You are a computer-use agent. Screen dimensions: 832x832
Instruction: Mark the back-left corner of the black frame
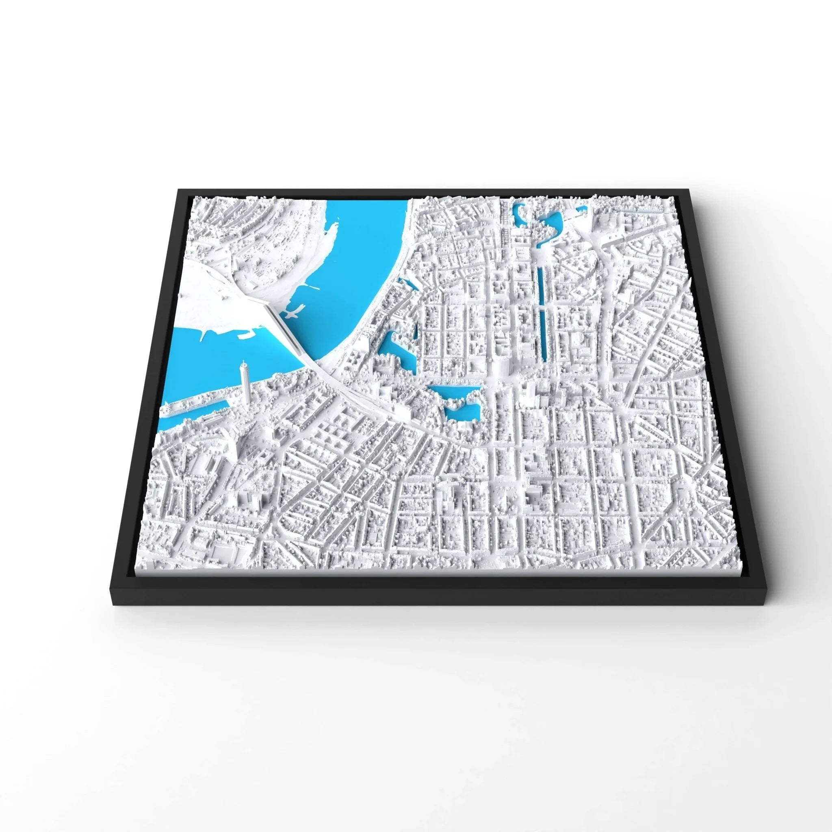coord(178,190)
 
